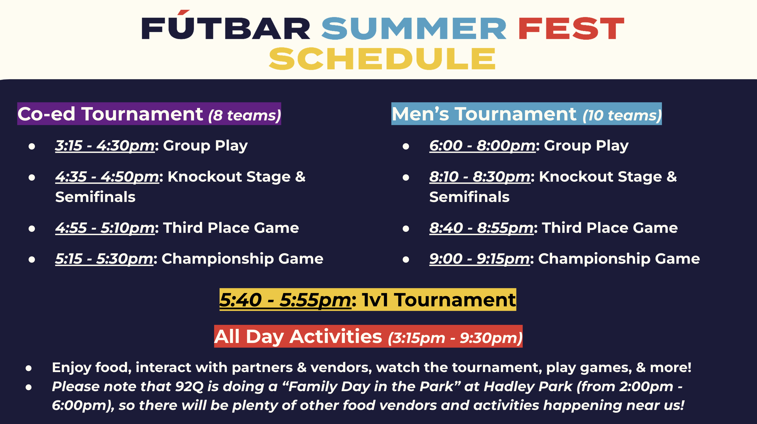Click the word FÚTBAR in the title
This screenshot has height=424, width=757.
click(x=226, y=26)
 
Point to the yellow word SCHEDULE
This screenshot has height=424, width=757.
click(x=382, y=58)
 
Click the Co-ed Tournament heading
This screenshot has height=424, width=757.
click(x=110, y=114)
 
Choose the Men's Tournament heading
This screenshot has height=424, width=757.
click(x=484, y=114)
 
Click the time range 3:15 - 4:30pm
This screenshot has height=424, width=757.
click(x=105, y=146)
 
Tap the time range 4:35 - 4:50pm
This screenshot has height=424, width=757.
click(x=107, y=177)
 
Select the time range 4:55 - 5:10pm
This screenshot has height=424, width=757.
click(x=105, y=228)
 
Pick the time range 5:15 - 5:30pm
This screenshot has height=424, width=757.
click(x=104, y=259)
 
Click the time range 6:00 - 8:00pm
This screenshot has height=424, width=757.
click(x=482, y=146)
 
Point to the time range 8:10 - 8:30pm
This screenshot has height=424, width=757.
click(x=480, y=177)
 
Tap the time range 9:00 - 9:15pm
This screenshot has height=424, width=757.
click(x=479, y=259)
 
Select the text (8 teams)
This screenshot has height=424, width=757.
click(x=244, y=115)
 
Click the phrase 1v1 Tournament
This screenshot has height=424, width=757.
click(x=439, y=300)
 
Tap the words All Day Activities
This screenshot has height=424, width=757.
click(x=298, y=336)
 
